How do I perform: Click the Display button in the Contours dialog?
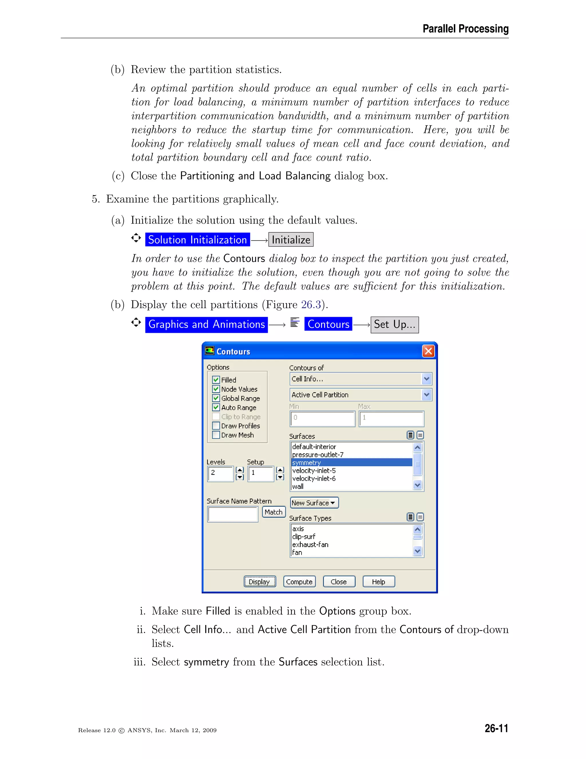click(x=260, y=581)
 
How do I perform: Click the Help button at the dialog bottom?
click(x=378, y=581)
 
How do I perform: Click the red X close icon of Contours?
click(x=428, y=351)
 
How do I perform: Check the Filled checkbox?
click(x=216, y=379)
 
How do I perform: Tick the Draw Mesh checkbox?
click(x=216, y=435)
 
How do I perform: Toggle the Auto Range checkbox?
click(x=216, y=407)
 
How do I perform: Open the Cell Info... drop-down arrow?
click(x=427, y=379)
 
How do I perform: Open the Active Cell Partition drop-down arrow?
click(x=427, y=395)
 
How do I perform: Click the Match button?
click(x=274, y=512)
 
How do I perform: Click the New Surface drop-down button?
click(x=314, y=503)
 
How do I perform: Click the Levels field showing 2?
click(x=220, y=473)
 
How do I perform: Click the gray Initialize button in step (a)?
click(x=291, y=240)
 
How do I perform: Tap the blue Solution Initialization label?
click(x=197, y=240)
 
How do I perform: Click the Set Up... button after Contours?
click(x=394, y=325)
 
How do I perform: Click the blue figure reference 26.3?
click(x=311, y=305)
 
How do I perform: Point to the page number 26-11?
click(x=496, y=728)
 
